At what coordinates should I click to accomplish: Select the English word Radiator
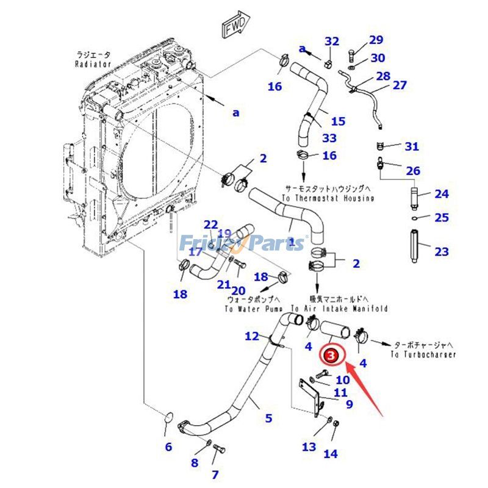click(93, 63)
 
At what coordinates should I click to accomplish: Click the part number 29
click(376, 40)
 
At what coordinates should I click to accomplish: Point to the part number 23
click(441, 251)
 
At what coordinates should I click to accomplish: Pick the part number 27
click(399, 85)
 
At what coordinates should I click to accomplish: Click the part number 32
click(331, 41)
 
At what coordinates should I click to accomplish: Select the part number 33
click(329, 138)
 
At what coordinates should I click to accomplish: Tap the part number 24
click(441, 194)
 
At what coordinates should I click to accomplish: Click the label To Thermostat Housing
click(329, 199)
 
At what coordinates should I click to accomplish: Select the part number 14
click(330, 453)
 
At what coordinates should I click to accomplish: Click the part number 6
click(168, 447)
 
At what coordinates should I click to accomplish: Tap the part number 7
click(215, 474)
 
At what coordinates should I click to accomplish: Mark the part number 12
click(252, 335)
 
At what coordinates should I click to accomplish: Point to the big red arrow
click(365, 387)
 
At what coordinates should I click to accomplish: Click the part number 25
click(441, 218)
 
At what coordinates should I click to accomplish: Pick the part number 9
click(349, 403)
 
